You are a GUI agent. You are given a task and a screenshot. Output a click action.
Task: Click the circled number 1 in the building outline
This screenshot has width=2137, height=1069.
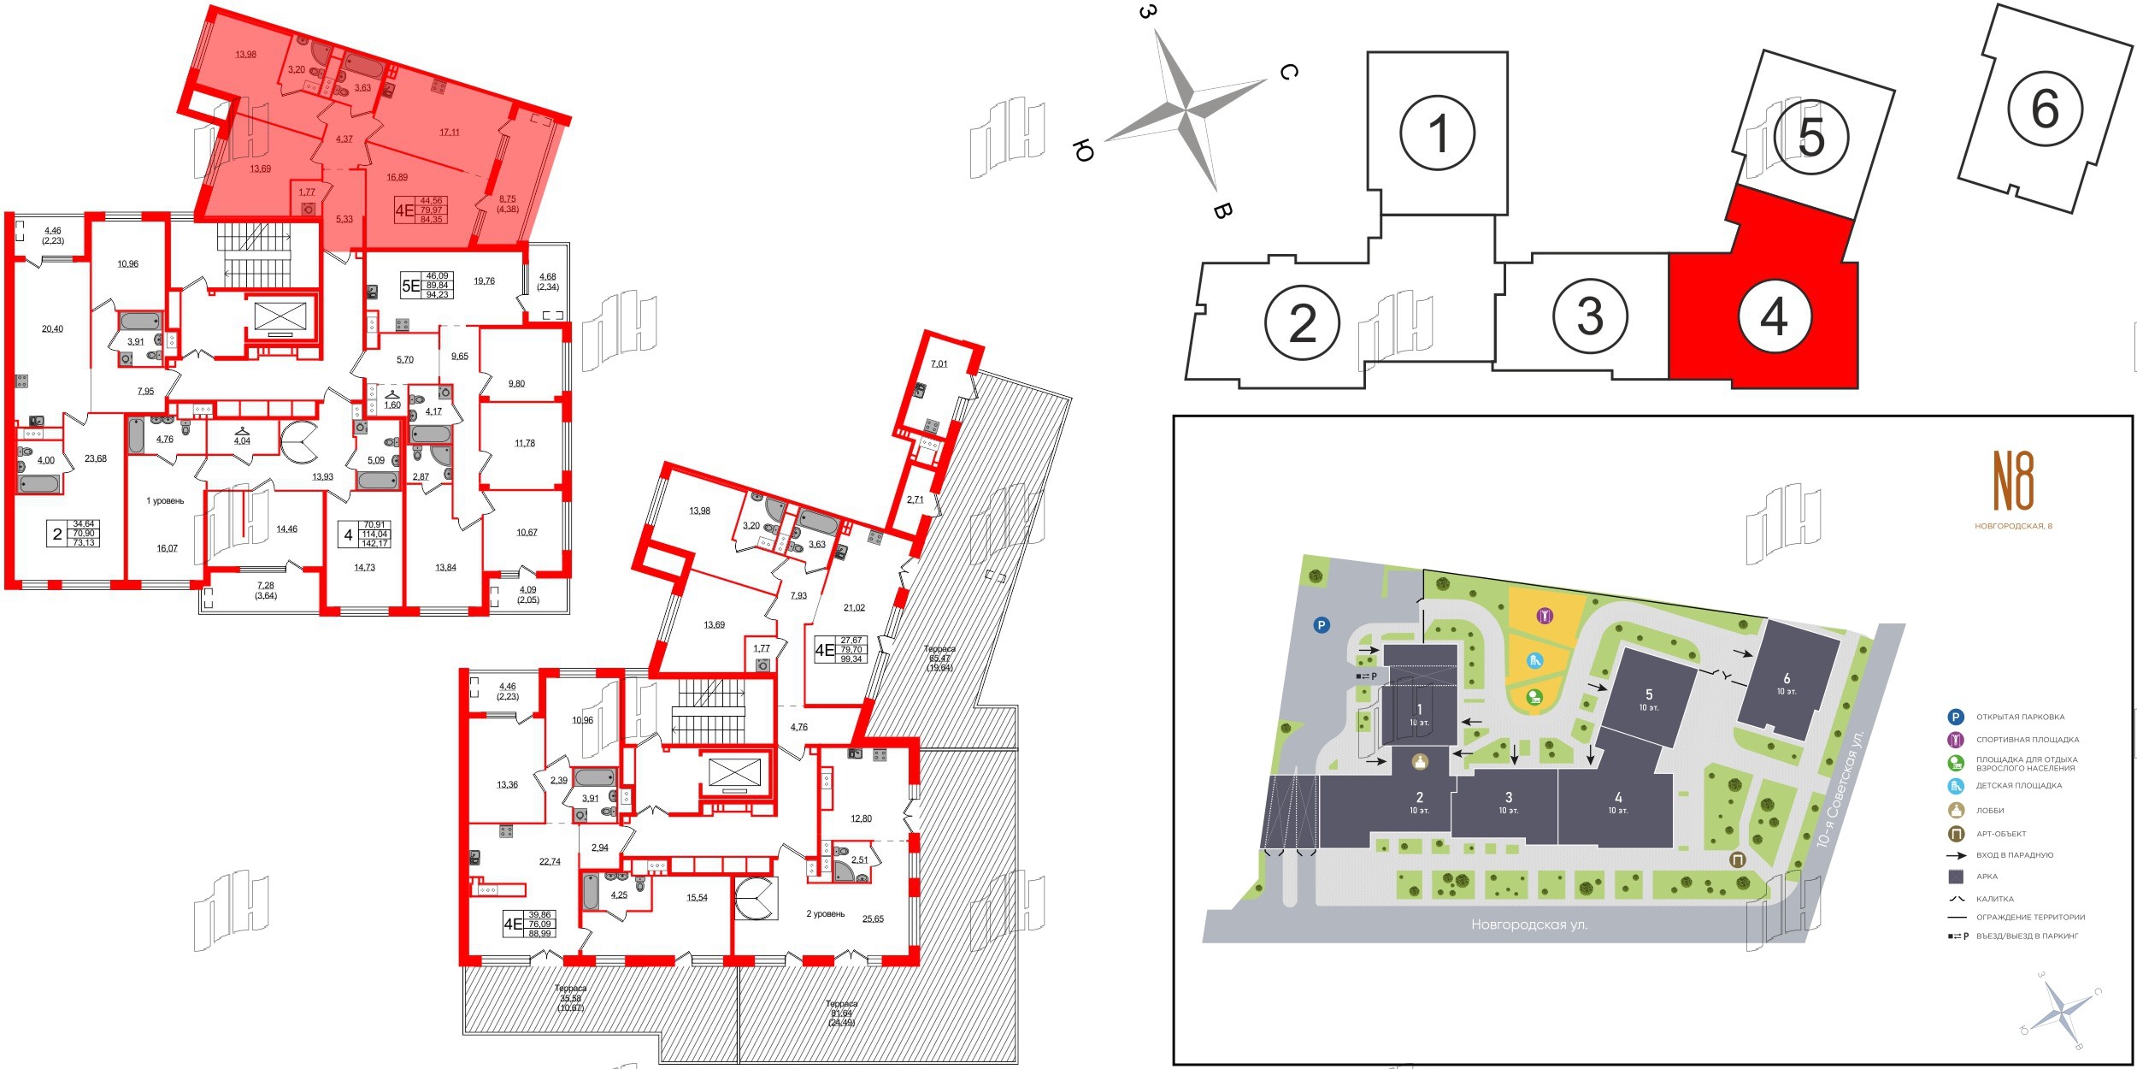point(1438,133)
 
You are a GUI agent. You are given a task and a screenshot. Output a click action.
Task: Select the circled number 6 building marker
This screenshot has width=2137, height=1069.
point(2044,109)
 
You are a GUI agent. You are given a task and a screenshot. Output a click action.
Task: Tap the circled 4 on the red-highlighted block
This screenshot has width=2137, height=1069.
point(1774,316)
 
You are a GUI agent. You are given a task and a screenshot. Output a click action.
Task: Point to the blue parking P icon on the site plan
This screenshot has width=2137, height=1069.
point(1322,625)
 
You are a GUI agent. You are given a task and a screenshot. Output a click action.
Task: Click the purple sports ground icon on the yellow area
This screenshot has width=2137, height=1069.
point(1545,616)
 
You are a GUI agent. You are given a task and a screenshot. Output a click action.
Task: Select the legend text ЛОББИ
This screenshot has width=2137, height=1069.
point(1990,810)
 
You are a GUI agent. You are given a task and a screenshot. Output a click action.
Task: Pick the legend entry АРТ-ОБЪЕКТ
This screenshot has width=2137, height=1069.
point(2001,833)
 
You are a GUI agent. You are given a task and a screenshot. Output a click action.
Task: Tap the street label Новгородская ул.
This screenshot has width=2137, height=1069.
point(1529,924)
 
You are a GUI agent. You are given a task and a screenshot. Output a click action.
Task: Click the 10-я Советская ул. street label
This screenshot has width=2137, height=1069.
point(1839,788)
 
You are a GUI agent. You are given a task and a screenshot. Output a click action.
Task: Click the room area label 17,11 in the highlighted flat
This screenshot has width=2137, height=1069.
point(450,133)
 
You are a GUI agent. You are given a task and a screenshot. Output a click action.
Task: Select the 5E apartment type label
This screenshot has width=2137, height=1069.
point(411,286)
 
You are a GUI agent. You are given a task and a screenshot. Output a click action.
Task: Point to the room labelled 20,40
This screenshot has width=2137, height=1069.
point(52,328)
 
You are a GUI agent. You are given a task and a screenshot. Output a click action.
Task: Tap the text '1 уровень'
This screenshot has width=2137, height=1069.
point(165,501)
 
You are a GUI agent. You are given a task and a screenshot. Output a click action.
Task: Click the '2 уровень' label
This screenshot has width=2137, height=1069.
point(825,914)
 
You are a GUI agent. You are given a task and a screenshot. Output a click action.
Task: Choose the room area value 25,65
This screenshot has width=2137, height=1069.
point(873,919)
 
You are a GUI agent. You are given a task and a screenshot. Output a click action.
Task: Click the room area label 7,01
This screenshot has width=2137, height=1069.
point(939,363)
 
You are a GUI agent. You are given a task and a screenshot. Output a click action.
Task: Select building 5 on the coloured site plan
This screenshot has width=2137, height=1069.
point(1648,699)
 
